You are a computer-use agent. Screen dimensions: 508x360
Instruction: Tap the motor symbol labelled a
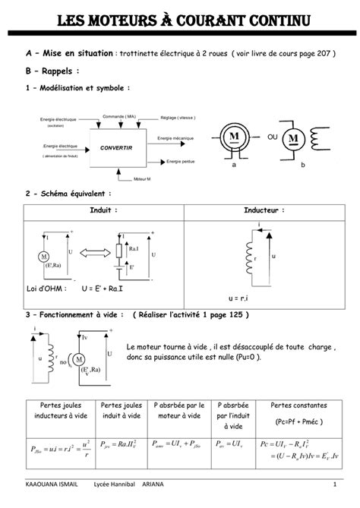[234, 140]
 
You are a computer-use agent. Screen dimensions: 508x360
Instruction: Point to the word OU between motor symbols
[273, 138]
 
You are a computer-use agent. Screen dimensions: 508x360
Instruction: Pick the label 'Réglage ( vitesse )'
[178, 118]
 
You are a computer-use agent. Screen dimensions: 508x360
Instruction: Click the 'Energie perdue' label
[180, 162]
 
